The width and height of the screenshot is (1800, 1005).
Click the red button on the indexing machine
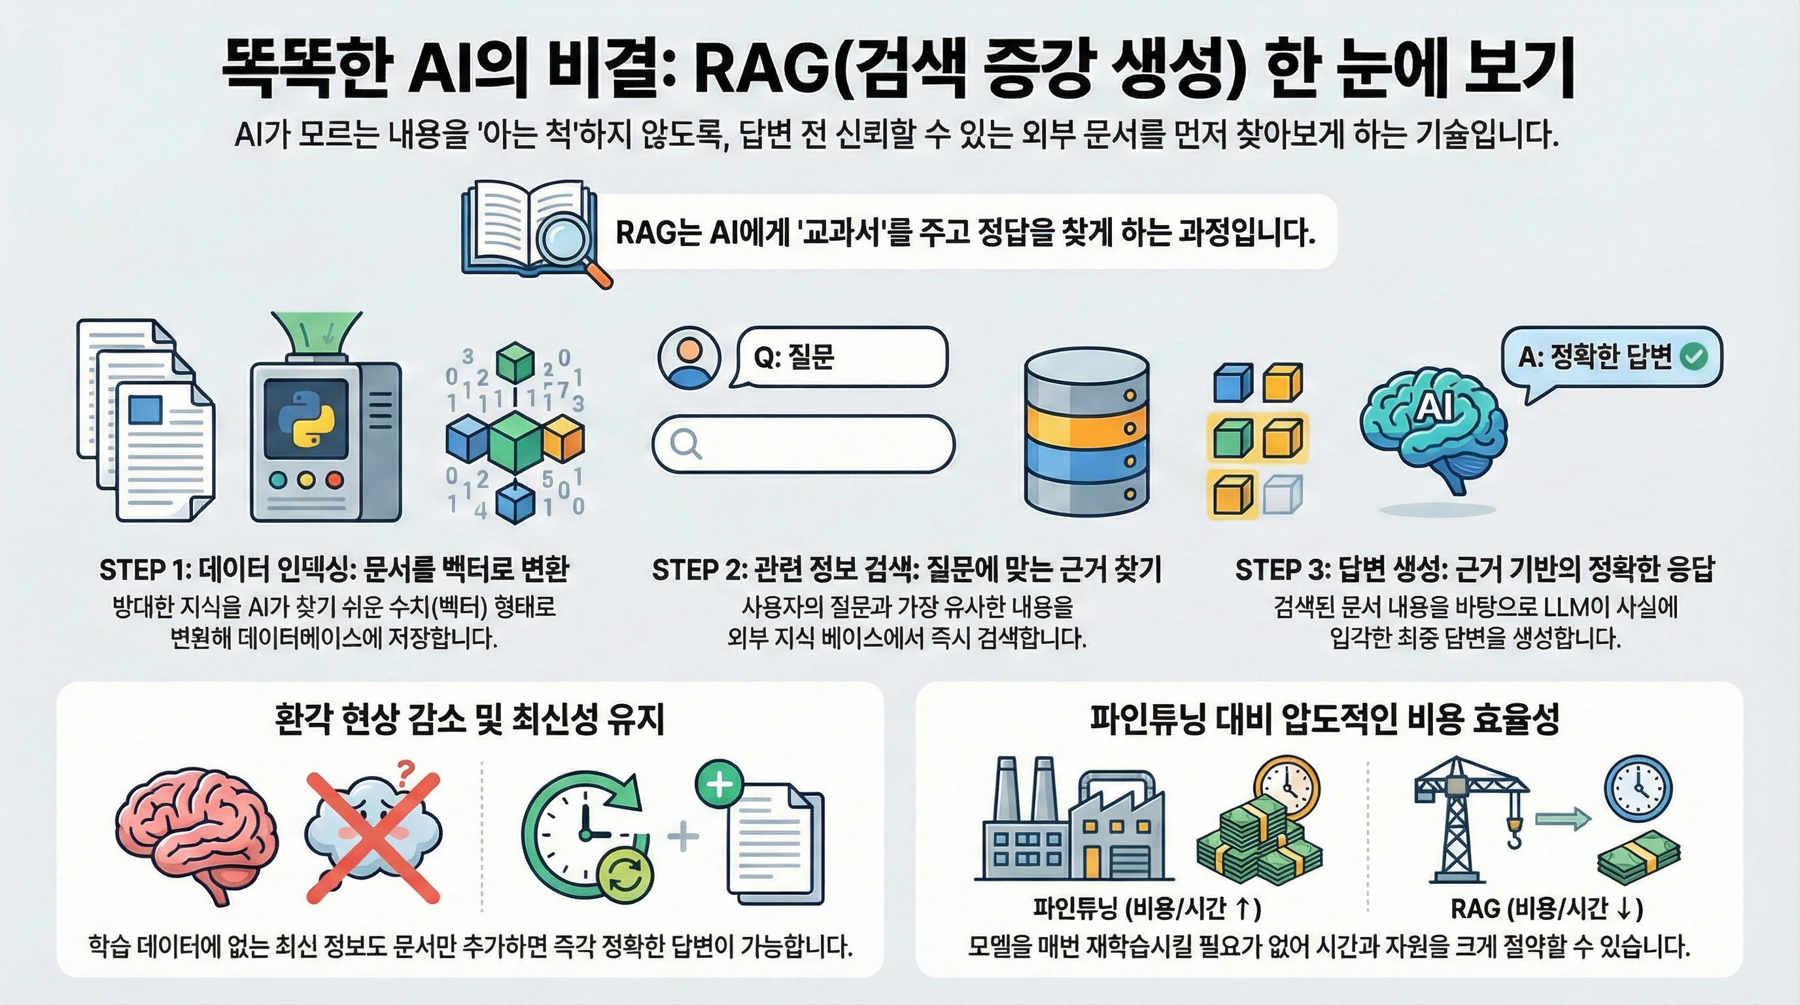(x=335, y=480)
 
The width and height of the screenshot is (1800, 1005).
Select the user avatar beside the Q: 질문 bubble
(x=689, y=357)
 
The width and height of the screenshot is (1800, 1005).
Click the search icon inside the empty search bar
(x=685, y=443)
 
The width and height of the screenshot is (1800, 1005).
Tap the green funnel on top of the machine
(x=317, y=335)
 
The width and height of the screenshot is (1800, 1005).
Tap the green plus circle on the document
(x=719, y=783)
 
